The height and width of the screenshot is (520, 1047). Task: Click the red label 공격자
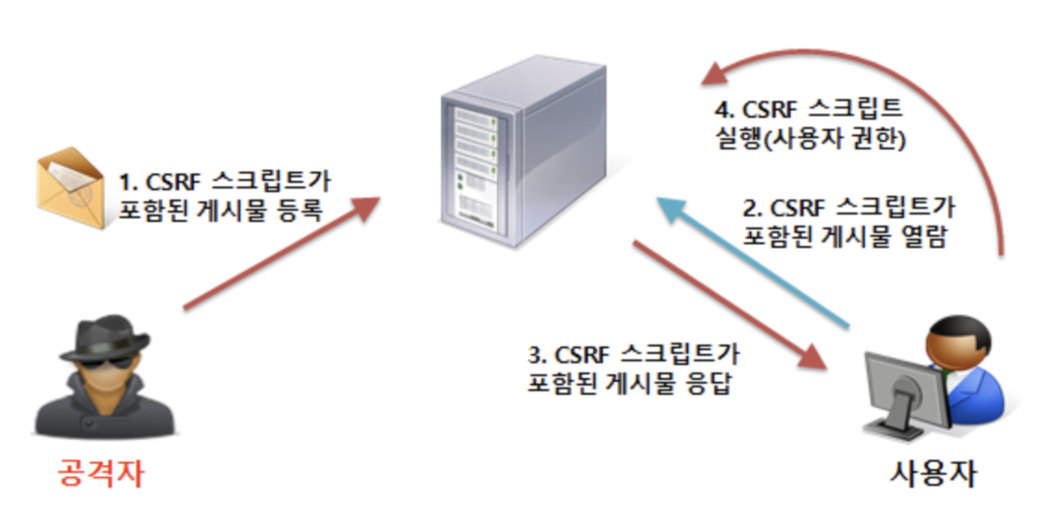coord(101,473)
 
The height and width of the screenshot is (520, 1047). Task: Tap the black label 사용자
coord(932,473)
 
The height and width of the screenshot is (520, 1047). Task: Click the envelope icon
coord(70,188)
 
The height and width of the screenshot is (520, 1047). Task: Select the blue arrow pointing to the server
coord(752,261)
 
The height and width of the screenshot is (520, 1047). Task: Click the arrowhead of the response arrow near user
coord(813,358)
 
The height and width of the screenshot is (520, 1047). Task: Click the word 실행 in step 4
coord(737,138)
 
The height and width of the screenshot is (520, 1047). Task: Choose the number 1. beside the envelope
coord(128,183)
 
